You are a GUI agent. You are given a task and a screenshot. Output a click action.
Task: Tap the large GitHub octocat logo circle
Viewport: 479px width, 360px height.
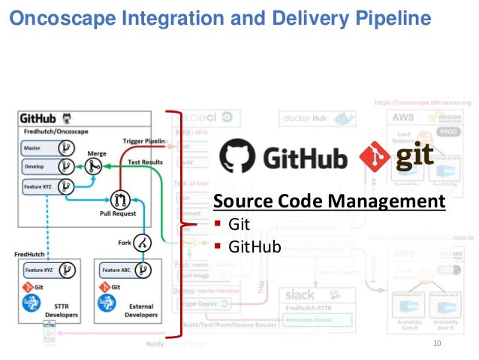[239, 156]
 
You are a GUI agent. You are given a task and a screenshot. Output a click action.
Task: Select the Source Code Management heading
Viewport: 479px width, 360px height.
[329, 201]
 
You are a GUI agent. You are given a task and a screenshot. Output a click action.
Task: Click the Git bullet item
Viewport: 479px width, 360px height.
[239, 224]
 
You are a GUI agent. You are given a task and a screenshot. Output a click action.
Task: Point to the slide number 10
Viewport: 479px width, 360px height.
[438, 343]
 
